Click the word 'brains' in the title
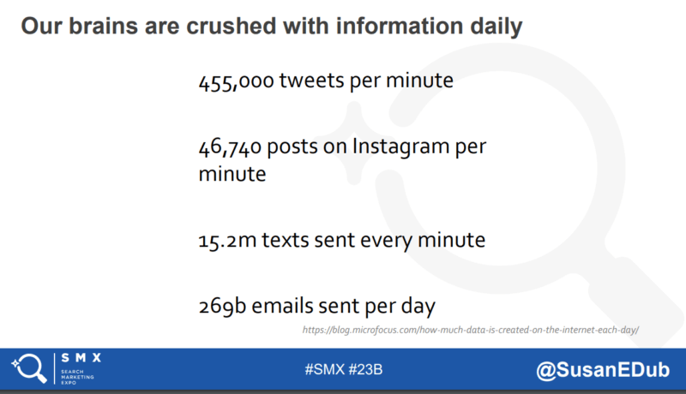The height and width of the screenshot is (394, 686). (x=103, y=26)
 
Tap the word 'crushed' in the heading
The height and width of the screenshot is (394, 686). (x=232, y=26)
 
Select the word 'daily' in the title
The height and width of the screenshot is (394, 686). (x=496, y=27)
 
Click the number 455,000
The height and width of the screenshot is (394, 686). (x=237, y=81)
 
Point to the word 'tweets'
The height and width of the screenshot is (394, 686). (x=312, y=81)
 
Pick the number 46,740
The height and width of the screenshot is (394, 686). (x=230, y=147)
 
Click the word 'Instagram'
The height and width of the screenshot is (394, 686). (x=400, y=147)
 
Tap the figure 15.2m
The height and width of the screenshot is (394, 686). (x=227, y=241)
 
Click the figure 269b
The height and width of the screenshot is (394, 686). (x=222, y=306)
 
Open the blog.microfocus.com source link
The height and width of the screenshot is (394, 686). (x=470, y=330)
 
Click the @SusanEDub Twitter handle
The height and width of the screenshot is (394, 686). (x=603, y=370)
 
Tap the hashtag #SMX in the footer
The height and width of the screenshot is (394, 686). (x=325, y=369)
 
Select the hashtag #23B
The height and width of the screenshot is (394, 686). (x=365, y=369)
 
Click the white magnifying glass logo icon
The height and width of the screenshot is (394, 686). (x=29, y=368)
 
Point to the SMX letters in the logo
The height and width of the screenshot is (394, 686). (x=81, y=358)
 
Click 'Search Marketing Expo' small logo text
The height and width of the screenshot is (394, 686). (x=77, y=377)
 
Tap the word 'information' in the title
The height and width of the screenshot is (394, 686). (x=399, y=26)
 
